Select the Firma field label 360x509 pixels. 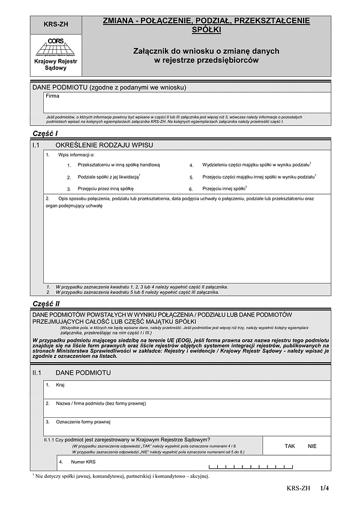pos(53,96)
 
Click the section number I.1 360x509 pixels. pos(36,146)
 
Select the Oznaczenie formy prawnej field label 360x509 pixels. pos(83,422)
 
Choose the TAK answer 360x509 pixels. pos(290,447)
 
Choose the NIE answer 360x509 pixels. pos(312,447)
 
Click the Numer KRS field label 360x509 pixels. pos(83,463)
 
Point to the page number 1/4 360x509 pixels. pos(325,489)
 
